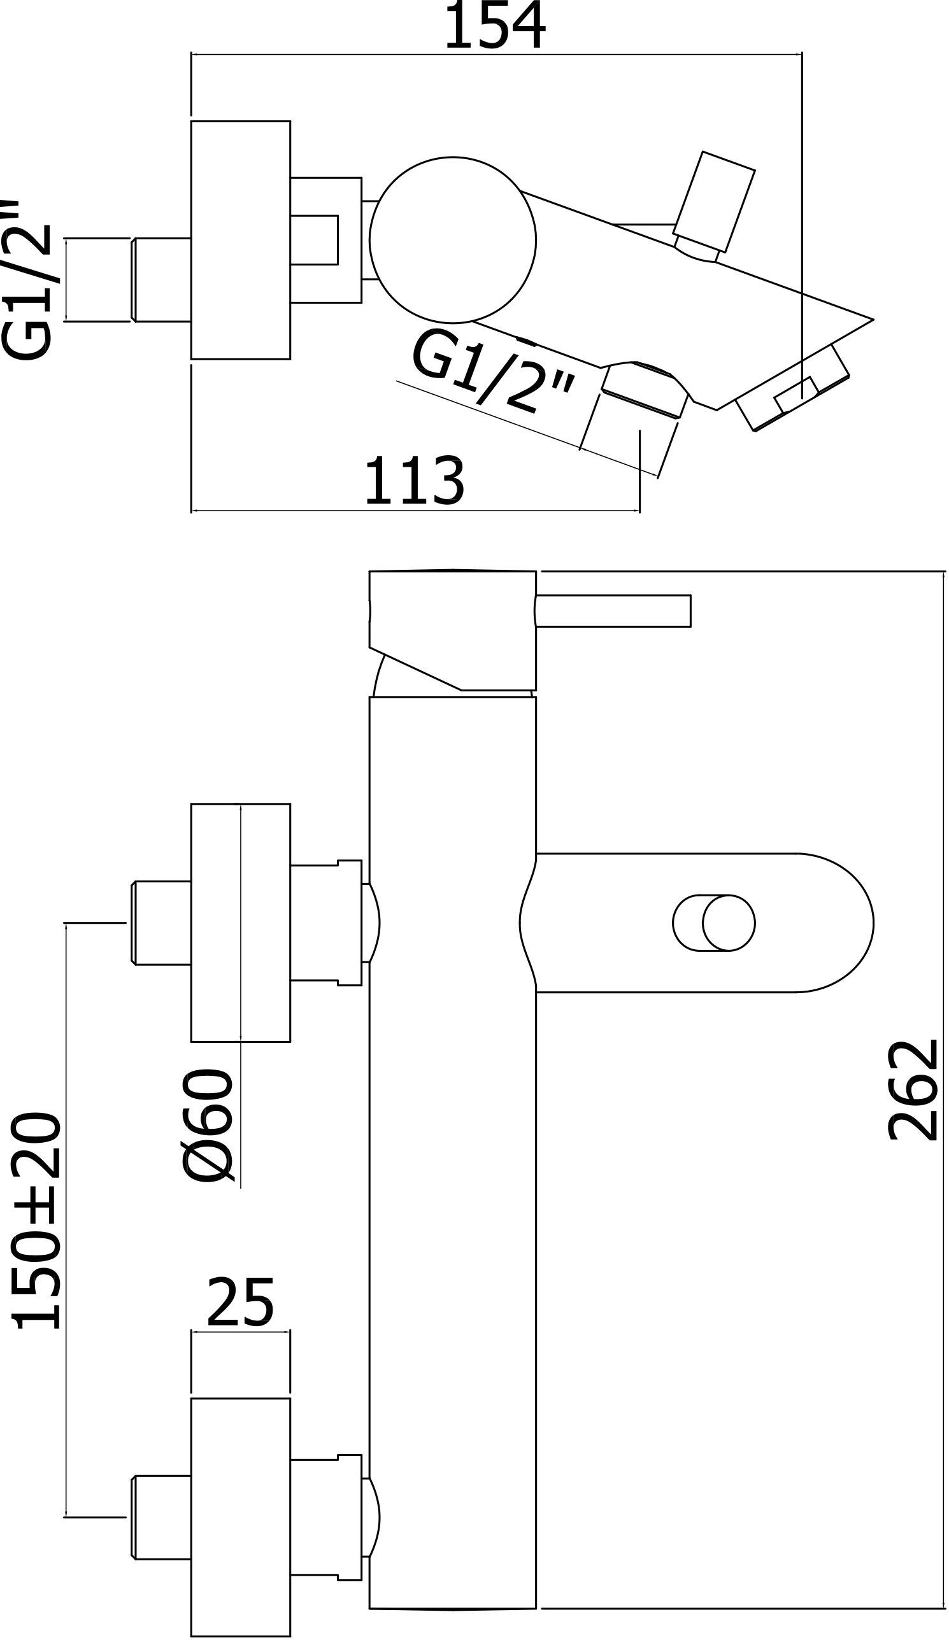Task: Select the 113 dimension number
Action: pyautogui.click(x=414, y=481)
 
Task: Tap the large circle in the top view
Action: pyautogui.click(x=452, y=239)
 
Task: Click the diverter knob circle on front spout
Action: pyautogui.click(x=728, y=923)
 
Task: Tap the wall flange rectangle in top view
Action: pyautogui.click(x=239, y=239)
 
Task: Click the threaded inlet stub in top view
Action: pyautogui.click(x=160, y=280)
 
